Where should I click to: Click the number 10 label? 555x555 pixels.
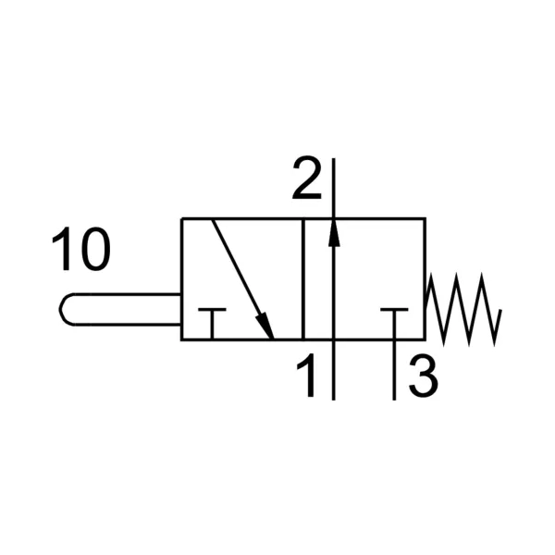(x=81, y=249)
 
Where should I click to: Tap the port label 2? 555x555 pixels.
(x=307, y=178)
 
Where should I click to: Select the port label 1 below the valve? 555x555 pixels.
(x=306, y=375)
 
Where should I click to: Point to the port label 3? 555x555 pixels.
(x=424, y=376)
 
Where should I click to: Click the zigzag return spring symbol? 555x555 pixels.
(x=463, y=309)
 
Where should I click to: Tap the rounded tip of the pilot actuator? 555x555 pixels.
(x=60, y=309)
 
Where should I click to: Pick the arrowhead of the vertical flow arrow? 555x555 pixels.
(x=333, y=233)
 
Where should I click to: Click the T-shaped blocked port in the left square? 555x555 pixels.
(x=212, y=323)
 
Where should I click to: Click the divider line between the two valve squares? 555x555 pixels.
(x=303, y=279)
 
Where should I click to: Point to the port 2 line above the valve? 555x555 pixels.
(x=333, y=189)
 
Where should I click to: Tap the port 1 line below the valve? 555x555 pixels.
(x=333, y=370)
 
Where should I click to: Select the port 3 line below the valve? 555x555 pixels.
(x=394, y=370)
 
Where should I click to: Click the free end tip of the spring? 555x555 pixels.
(x=500, y=310)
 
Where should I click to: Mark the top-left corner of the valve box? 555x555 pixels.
(x=182, y=218)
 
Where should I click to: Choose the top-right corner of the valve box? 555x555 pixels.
(x=425, y=218)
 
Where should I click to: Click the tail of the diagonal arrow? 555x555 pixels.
(x=213, y=220)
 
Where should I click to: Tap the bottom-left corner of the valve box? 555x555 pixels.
(x=182, y=339)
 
